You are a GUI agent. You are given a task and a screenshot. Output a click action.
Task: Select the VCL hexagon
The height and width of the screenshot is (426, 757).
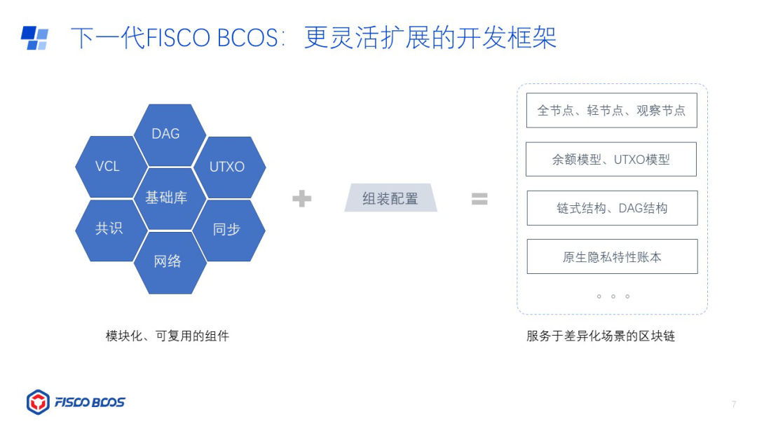(107, 166)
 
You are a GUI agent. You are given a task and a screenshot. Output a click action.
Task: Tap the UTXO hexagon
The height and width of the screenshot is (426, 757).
(227, 167)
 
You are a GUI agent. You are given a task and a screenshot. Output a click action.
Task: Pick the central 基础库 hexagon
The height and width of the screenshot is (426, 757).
(166, 198)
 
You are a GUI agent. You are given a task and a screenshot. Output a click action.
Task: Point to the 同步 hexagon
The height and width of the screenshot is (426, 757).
(226, 229)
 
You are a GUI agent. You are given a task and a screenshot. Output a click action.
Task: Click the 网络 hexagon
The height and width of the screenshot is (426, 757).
(168, 261)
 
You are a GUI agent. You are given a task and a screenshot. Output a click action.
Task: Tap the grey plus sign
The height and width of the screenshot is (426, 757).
(302, 199)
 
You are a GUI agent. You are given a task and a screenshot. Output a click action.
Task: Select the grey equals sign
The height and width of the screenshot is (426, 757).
(479, 199)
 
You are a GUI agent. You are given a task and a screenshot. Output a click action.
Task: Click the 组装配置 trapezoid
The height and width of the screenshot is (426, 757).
(390, 198)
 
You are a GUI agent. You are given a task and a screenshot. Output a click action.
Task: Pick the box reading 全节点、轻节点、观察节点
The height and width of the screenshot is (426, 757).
(611, 111)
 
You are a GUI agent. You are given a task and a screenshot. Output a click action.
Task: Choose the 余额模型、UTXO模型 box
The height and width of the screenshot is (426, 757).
(611, 159)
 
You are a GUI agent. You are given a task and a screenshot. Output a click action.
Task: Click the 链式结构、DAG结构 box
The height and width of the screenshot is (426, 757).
(612, 208)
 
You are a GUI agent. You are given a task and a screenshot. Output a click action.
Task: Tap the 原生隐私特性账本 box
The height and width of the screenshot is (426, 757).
(612, 256)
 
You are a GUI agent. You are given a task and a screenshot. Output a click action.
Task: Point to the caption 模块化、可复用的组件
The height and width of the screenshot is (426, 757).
(168, 336)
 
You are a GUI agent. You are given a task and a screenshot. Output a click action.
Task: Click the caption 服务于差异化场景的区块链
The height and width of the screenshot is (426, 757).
(601, 336)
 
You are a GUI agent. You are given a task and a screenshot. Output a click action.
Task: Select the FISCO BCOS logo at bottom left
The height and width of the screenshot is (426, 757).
(76, 402)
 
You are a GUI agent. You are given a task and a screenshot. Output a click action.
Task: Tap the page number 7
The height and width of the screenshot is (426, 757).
(734, 404)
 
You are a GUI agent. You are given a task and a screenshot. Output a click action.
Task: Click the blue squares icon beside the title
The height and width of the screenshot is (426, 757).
(34, 38)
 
